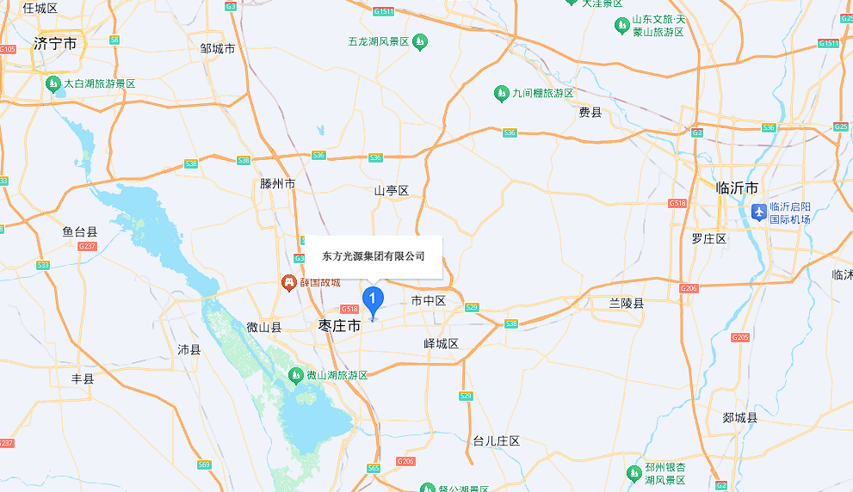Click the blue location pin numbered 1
click(372, 299)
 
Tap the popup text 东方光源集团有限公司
click(374, 256)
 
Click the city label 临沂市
click(738, 188)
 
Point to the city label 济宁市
click(56, 43)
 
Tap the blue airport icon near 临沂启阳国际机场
click(758, 211)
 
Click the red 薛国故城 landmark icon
click(290, 282)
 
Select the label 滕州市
click(277, 184)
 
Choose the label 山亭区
click(391, 190)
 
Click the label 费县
click(590, 112)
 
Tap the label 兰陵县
click(627, 304)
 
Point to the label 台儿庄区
click(497, 440)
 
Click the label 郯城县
click(740, 418)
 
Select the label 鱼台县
click(80, 231)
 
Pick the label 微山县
click(263, 328)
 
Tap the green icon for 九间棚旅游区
click(502, 93)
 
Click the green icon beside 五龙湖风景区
click(419, 40)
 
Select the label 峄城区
click(442, 344)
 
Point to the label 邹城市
click(218, 48)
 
